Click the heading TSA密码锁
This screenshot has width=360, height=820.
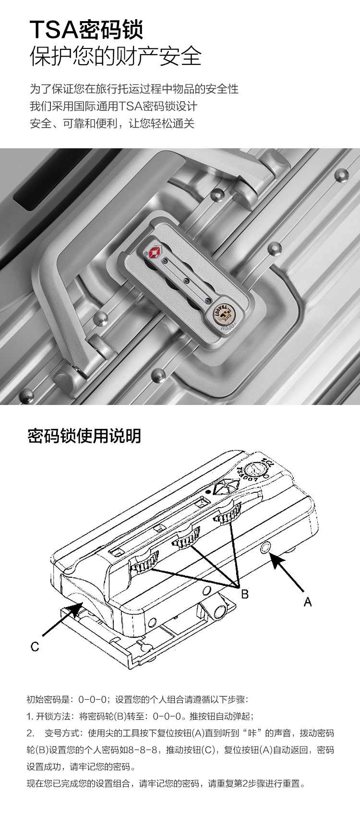click(86, 30)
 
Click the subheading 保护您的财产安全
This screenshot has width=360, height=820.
click(115, 56)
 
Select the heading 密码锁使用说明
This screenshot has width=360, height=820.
click(84, 436)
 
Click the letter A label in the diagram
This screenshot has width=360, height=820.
click(308, 602)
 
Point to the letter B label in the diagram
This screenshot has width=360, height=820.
click(245, 594)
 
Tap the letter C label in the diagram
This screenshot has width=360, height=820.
click(35, 646)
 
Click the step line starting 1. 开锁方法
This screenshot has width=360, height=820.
click(140, 716)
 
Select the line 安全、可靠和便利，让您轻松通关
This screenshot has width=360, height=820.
click(112, 123)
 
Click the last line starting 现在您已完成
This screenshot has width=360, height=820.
click(166, 784)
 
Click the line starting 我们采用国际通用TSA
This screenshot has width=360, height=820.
click(113, 106)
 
